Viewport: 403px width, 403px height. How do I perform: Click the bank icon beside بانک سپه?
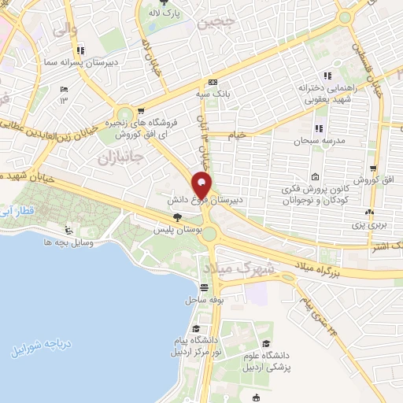pos(213,83)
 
